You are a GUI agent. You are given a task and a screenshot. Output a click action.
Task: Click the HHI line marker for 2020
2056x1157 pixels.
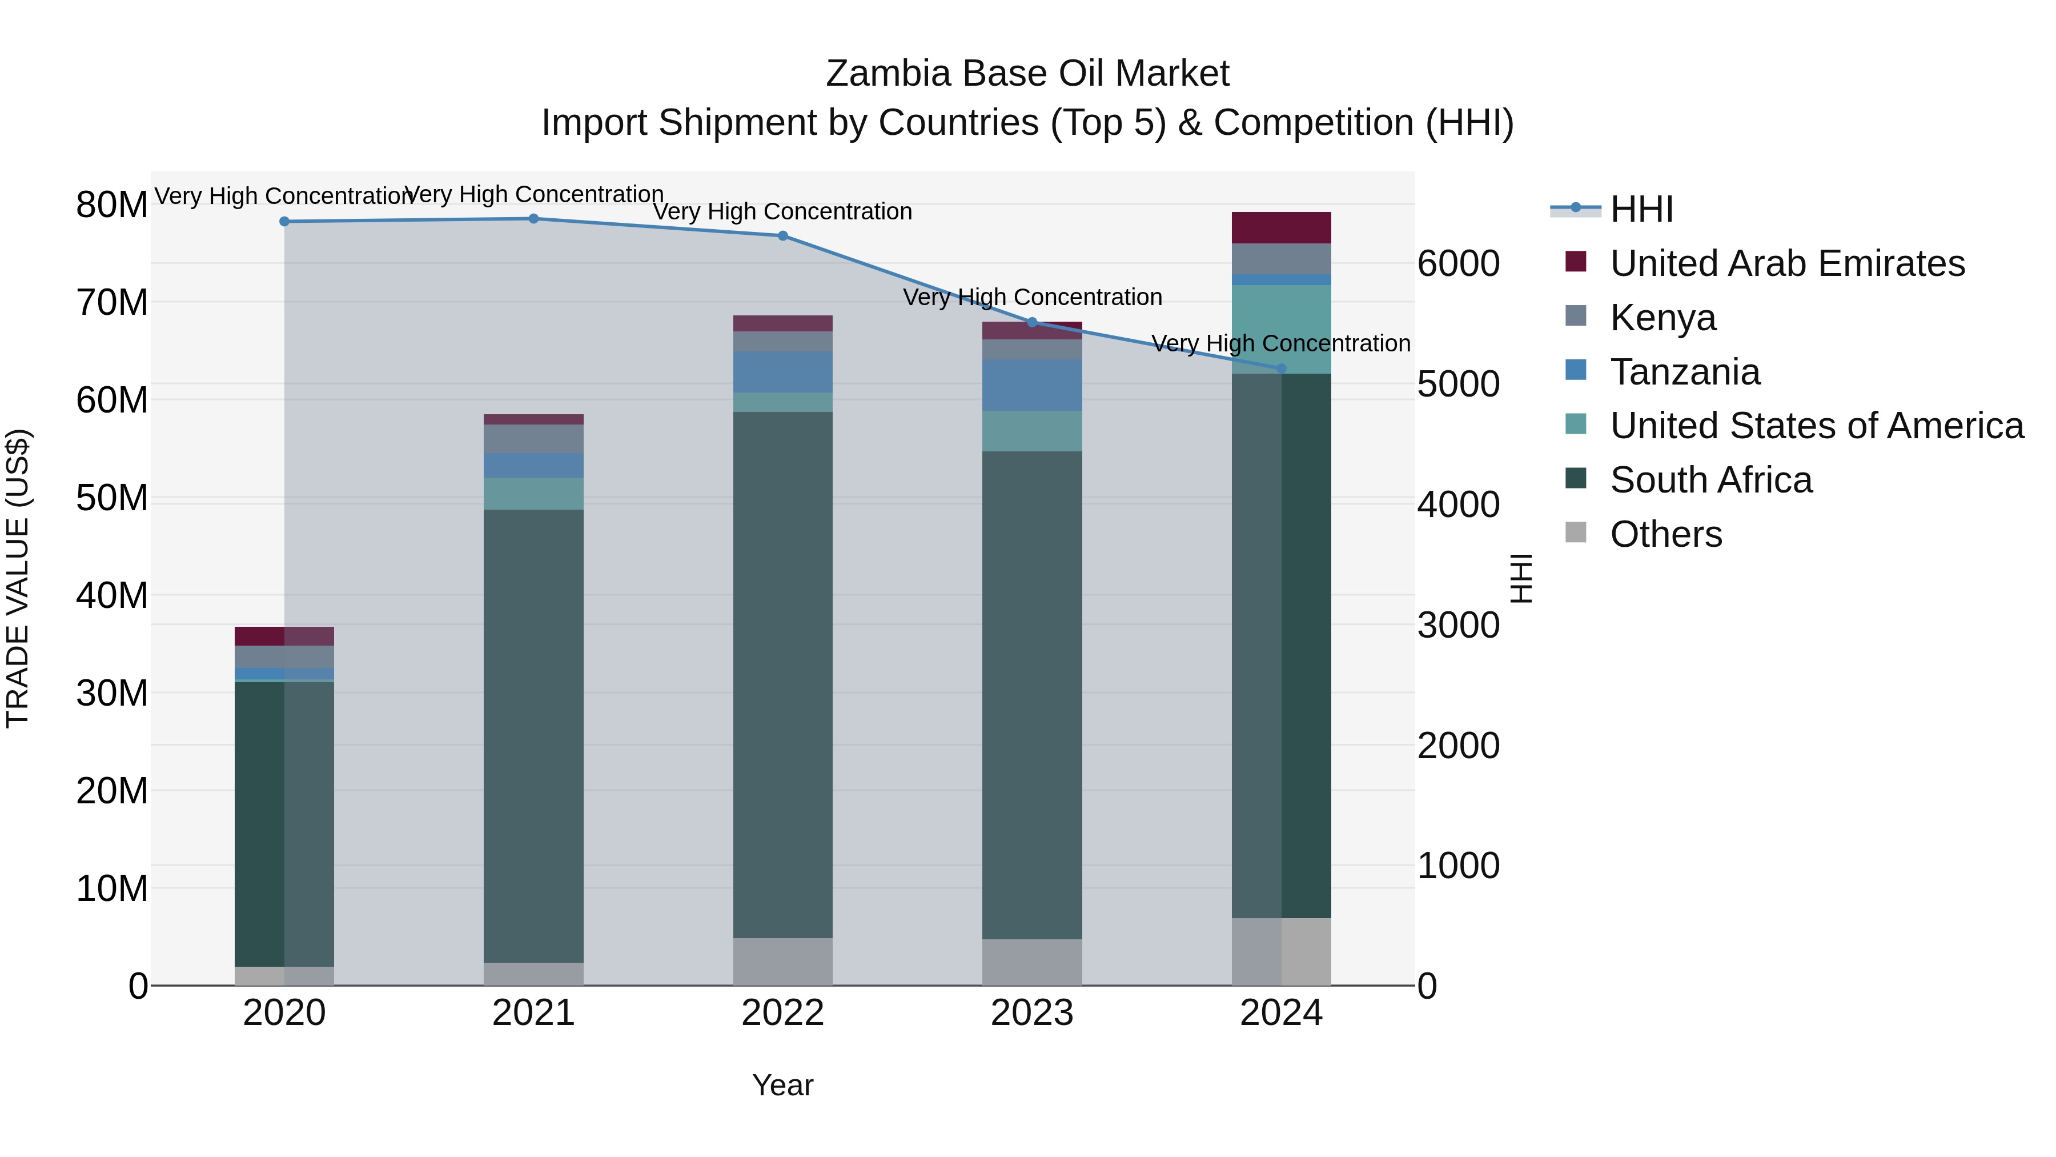(284, 221)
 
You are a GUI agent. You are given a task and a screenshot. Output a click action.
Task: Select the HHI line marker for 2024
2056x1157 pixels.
(1281, 368)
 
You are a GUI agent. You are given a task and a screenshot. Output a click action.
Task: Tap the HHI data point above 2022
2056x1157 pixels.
(782, 235)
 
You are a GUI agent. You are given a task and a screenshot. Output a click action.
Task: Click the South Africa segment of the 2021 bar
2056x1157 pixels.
(533, 735)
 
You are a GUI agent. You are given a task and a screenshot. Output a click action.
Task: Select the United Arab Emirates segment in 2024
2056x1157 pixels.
(1281, 227)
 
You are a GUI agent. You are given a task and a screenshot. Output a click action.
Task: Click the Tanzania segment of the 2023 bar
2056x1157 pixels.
(1031, 385)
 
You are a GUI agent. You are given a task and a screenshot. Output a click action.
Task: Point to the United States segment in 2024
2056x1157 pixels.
(1281, 328)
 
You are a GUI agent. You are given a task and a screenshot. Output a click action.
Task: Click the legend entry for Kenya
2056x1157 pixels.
(1663, 318)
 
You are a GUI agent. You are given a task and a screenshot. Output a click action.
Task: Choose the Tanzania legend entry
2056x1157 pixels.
(1684, 372)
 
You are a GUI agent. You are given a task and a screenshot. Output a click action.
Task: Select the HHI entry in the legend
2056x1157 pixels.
(1641, 209)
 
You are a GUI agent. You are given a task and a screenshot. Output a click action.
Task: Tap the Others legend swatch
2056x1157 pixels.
(1576, 533)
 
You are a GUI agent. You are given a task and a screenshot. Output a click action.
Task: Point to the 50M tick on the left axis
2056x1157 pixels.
(112, 498)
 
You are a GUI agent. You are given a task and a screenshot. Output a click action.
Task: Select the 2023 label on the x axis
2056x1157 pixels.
(1031, 1013)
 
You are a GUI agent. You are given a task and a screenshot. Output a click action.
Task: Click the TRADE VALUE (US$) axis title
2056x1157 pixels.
(18, 578)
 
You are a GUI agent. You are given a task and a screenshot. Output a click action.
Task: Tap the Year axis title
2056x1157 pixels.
(782, 1085)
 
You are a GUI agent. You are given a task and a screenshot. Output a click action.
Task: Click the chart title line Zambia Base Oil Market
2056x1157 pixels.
(1027, 74)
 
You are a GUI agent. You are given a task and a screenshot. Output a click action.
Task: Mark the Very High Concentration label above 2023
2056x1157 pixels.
(1032, 297)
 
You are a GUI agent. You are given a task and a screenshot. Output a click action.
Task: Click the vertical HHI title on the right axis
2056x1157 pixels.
(1521, 578)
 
